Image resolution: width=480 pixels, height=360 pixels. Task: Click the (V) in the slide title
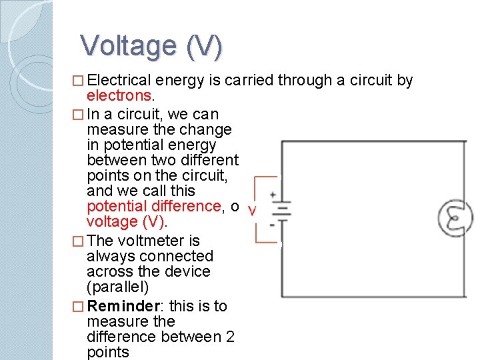pos(205,47)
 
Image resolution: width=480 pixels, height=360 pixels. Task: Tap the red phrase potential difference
pos(153,206)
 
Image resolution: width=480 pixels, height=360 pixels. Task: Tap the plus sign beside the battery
pos(273,195)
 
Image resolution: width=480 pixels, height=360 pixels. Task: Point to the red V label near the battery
pos(251,211)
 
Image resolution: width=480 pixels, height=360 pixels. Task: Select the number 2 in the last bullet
pos(230,337)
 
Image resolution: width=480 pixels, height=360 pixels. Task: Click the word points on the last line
pos(108,353)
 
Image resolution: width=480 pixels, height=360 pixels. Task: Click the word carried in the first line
pos(249,81)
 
